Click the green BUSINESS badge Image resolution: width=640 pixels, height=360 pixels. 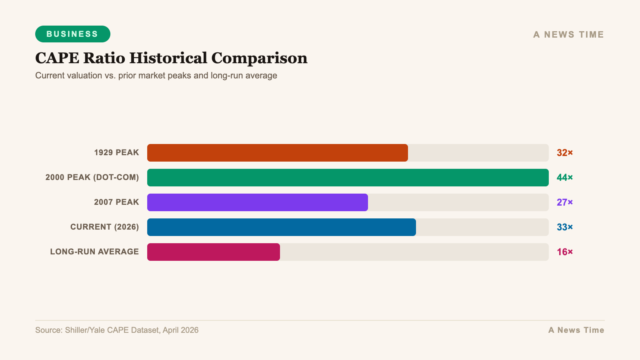tap(72, 34)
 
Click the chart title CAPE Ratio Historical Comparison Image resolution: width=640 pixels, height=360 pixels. tap(171, 58)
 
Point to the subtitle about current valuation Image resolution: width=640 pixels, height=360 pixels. tap(156, 76)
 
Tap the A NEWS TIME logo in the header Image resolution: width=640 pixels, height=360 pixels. tap(568, 35)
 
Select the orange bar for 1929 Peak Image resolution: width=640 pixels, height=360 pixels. tap(277, 153)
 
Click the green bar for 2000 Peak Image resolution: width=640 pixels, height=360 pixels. tap(348, 178)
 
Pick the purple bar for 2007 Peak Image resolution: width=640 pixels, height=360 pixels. tap(257, 202)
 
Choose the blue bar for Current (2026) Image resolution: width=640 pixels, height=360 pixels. tap(281, 227)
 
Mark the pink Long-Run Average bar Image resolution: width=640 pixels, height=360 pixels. tap(213, 252)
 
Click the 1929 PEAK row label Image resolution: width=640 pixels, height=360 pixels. tap(116, 153)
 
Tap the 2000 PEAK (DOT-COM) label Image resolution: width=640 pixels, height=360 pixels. tap(92, 178)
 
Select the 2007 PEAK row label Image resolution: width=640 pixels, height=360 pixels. tap(116, 202)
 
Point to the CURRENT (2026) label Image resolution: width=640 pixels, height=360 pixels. tap(104, 227)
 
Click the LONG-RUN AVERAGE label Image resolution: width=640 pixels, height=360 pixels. tap(94, 252)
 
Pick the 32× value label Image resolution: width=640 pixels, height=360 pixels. tap(564, 153)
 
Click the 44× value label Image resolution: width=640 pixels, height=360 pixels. tap(564, 178)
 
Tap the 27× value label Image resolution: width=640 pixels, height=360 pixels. tap(564, 202)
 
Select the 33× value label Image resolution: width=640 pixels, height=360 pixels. tap(564, 227)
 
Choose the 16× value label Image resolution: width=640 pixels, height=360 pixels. tap(564, 252)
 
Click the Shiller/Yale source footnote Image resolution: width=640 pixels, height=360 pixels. tap(117, 330)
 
